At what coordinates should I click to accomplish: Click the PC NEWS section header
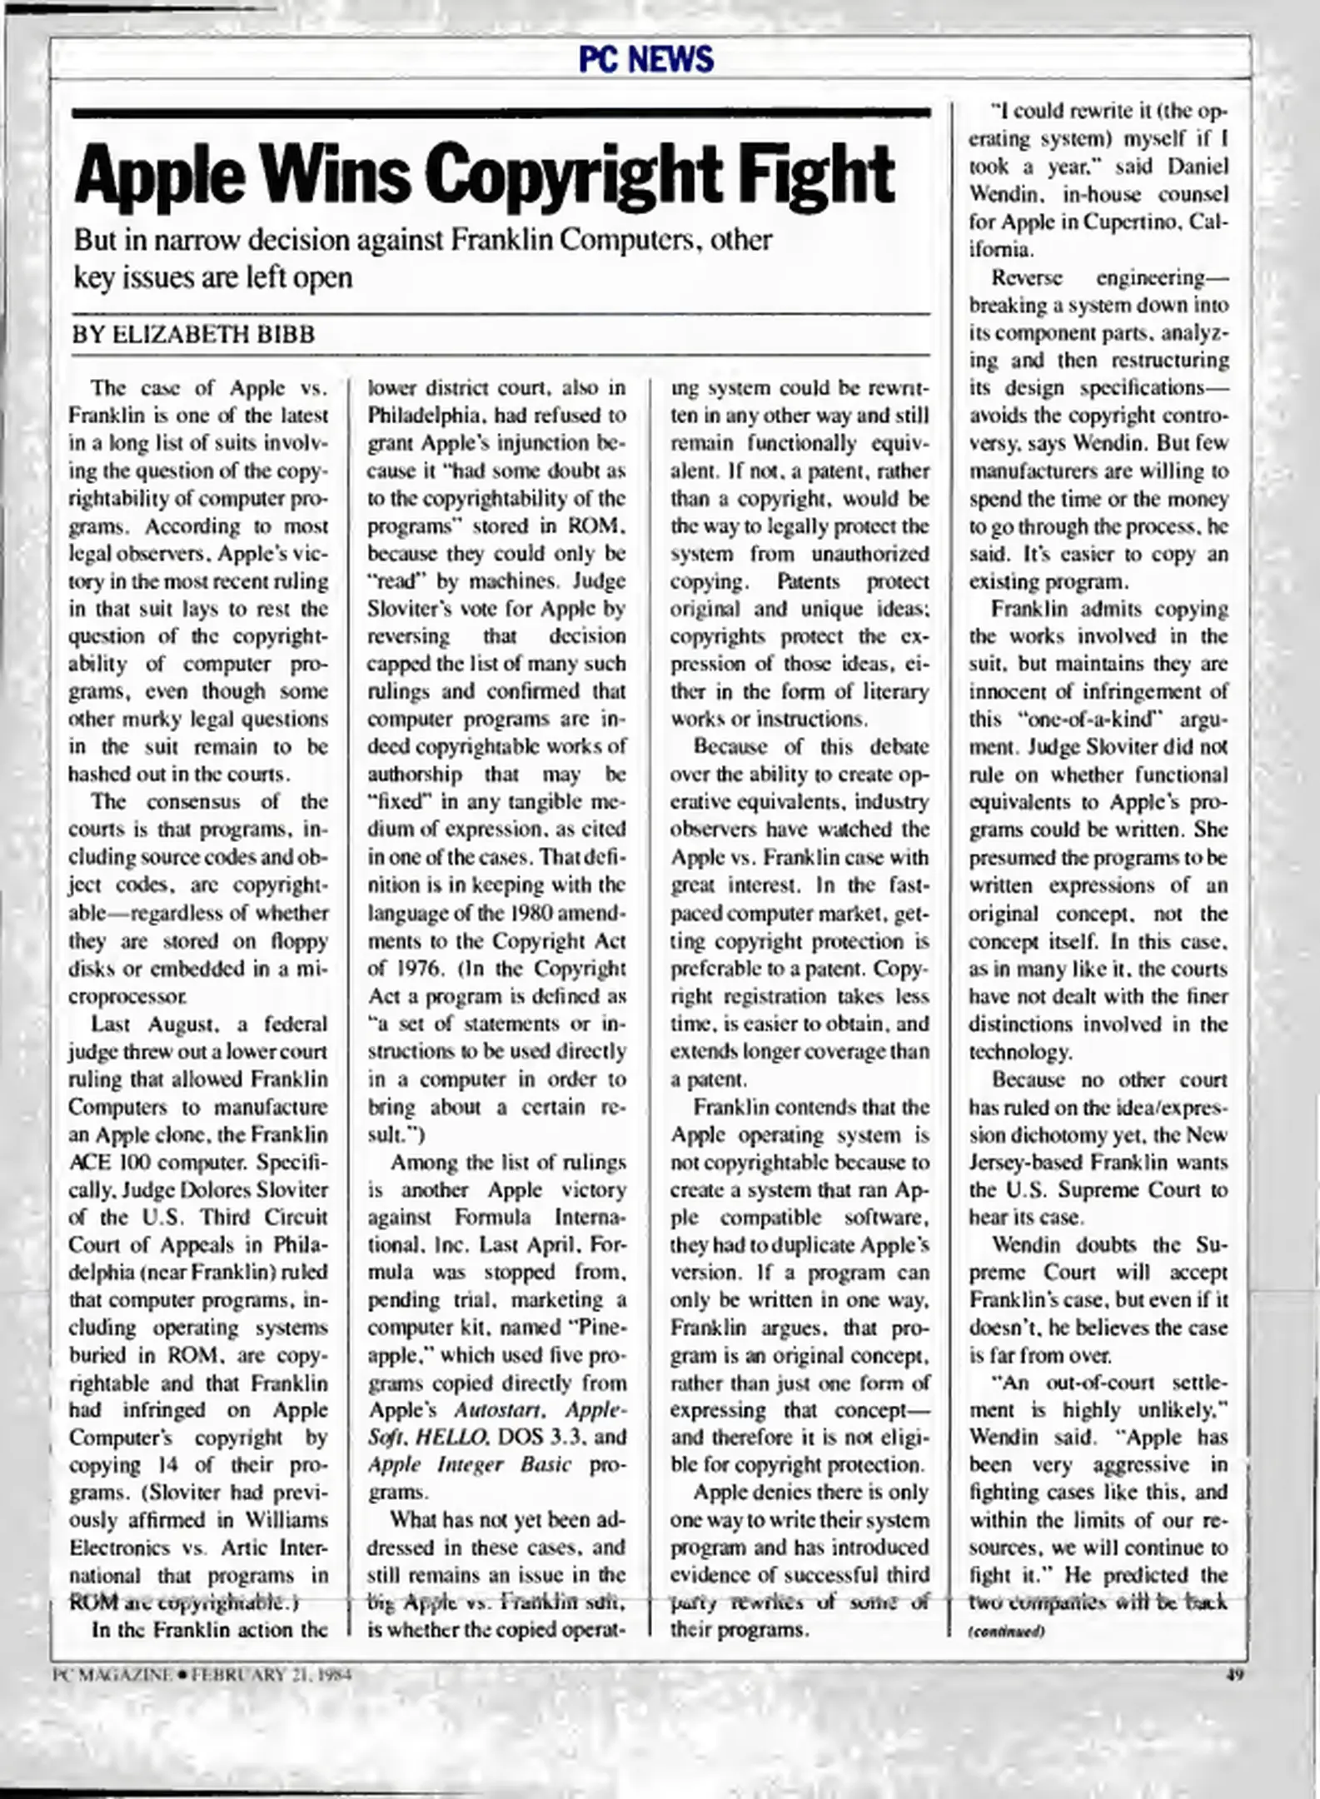click(646, 59)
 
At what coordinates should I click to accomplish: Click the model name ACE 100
click(109, 1163)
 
